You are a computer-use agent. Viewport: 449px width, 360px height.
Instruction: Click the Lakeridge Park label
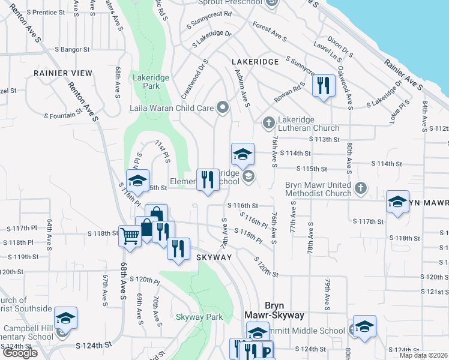[x=151, y=82]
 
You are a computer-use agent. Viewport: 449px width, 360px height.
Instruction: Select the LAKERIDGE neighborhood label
[x=255, y=62]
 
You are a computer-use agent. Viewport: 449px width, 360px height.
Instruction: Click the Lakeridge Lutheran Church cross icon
[x=268, y=122]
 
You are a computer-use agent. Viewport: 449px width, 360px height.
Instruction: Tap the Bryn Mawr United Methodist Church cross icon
[x=360, y=188]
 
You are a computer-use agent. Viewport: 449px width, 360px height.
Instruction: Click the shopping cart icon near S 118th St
[x=130, y=235]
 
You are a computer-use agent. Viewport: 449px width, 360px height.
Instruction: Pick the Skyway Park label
[x=199, y=317]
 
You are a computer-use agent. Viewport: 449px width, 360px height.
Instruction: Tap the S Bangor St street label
[x=71, y=49]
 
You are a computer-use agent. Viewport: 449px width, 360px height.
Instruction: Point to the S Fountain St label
[x=62, y=113]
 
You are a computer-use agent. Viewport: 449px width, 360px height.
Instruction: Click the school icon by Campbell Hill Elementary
[x=65, y=317]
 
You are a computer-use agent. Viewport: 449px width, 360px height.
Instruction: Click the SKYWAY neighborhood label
[x=214, y=257]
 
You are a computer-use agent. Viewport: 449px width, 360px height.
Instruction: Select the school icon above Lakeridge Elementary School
[x=243, y=154]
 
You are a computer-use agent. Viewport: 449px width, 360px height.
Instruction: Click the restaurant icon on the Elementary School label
[x=208, y=179]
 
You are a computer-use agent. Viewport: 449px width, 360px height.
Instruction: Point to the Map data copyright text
[x=423, y=355]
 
